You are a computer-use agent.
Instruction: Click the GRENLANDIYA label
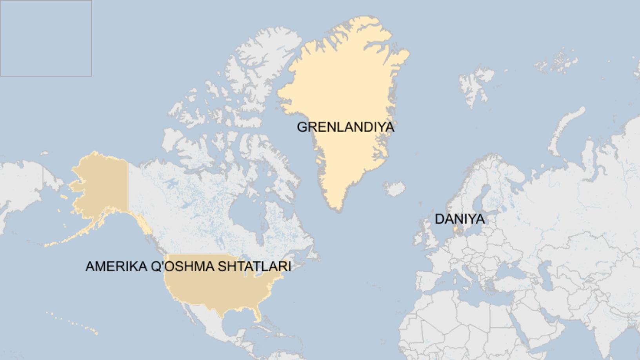pyautogui.click(x=345, y=127)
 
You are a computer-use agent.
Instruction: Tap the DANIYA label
pyautogui.click(x=459, y=219)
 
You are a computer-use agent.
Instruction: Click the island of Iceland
pyautogui.click(x=395, y=189)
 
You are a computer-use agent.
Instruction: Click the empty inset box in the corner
pyautogui.click(x=46, y=38)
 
